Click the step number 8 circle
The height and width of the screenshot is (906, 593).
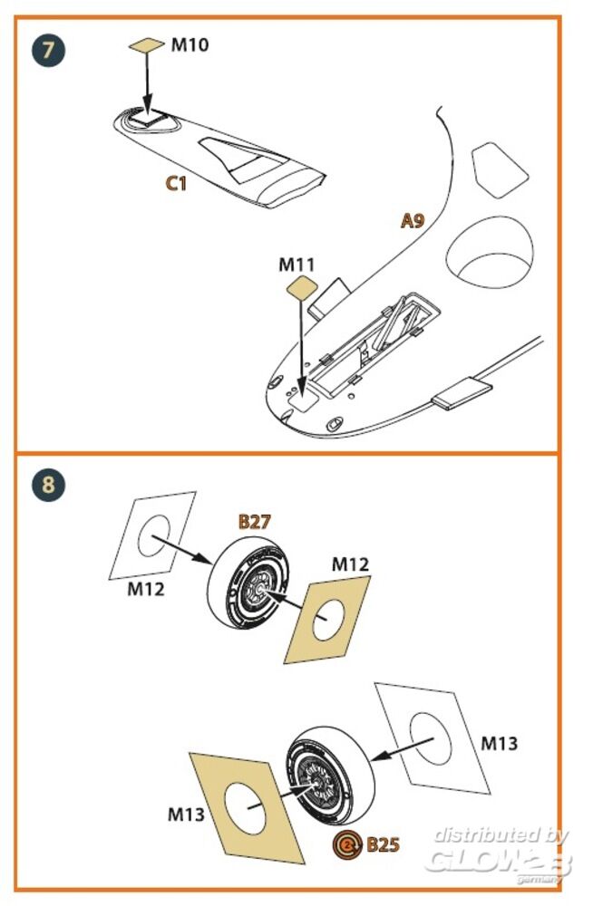tap(48, 485)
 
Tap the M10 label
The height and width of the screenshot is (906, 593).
tap(190, 43)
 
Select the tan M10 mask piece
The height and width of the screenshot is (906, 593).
tap(146, 44)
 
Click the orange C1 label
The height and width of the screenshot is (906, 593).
tap(176, 184)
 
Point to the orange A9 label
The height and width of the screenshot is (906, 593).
tap(413, 220)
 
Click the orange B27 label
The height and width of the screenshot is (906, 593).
tap(256, 521)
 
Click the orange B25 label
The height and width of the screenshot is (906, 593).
tap(383, 845)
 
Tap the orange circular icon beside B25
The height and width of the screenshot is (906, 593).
tap(348, 846)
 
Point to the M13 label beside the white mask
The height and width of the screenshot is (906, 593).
tap(498, 744)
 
